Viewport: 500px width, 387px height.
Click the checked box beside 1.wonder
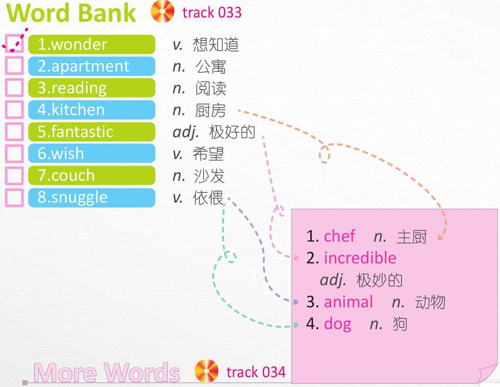[x=14, y=44]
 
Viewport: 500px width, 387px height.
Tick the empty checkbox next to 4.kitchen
[x=14, y=110]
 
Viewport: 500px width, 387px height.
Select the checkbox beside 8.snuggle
[x=14, y=198]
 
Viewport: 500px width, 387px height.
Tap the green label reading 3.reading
[x=92, y=88]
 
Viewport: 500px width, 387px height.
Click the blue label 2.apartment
[x=92, y=66]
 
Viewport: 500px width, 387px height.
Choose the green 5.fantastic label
[x=92, y=132]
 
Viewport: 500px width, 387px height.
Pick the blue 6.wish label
[x=92, y=153]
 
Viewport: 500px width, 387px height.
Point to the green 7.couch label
[x=92, y=176]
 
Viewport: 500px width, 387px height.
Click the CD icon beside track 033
[x=163, y=12]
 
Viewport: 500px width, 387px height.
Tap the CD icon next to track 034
[x=206, y=371]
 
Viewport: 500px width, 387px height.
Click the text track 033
[x=212, y=13]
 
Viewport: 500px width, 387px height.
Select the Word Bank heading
[x=71, y=13]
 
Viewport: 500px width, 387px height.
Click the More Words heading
[x=106, y=372]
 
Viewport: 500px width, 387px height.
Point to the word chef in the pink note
[x=339, y=236]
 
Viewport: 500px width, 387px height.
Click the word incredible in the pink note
[x=360, y=257]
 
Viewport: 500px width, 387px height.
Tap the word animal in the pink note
[x=348, y=302]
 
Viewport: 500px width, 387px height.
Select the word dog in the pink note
[x=337, y=324]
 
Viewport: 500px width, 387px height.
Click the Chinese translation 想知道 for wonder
[x=216, y=44]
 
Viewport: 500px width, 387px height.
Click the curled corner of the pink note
[x=488, y=374]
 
